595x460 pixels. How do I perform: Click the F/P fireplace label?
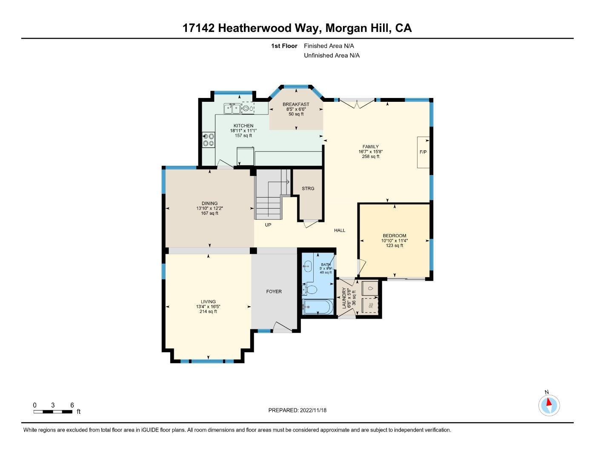point(423,152)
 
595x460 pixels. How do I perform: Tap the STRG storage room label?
point(308,188)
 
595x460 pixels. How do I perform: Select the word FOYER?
point(274,292)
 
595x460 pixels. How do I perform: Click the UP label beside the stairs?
point(268,225)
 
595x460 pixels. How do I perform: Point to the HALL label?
point(339,230)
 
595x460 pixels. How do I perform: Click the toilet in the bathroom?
point(310,290)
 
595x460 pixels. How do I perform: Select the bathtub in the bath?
point(318,307)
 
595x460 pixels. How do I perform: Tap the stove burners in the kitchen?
point(209,140)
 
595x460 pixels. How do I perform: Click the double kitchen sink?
point(232,109)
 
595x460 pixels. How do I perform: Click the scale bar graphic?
point(53,411)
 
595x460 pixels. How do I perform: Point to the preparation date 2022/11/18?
point(313,410)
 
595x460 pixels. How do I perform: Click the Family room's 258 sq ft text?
point(370,157)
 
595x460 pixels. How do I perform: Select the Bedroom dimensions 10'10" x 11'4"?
point(394,241)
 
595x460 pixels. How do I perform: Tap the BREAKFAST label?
point(296,104)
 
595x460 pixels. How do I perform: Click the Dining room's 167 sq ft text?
point(209,213)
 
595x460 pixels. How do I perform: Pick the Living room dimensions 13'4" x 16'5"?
point(208,307)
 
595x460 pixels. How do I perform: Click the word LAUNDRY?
point(344,298)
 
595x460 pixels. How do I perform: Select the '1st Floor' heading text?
point(284,46)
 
